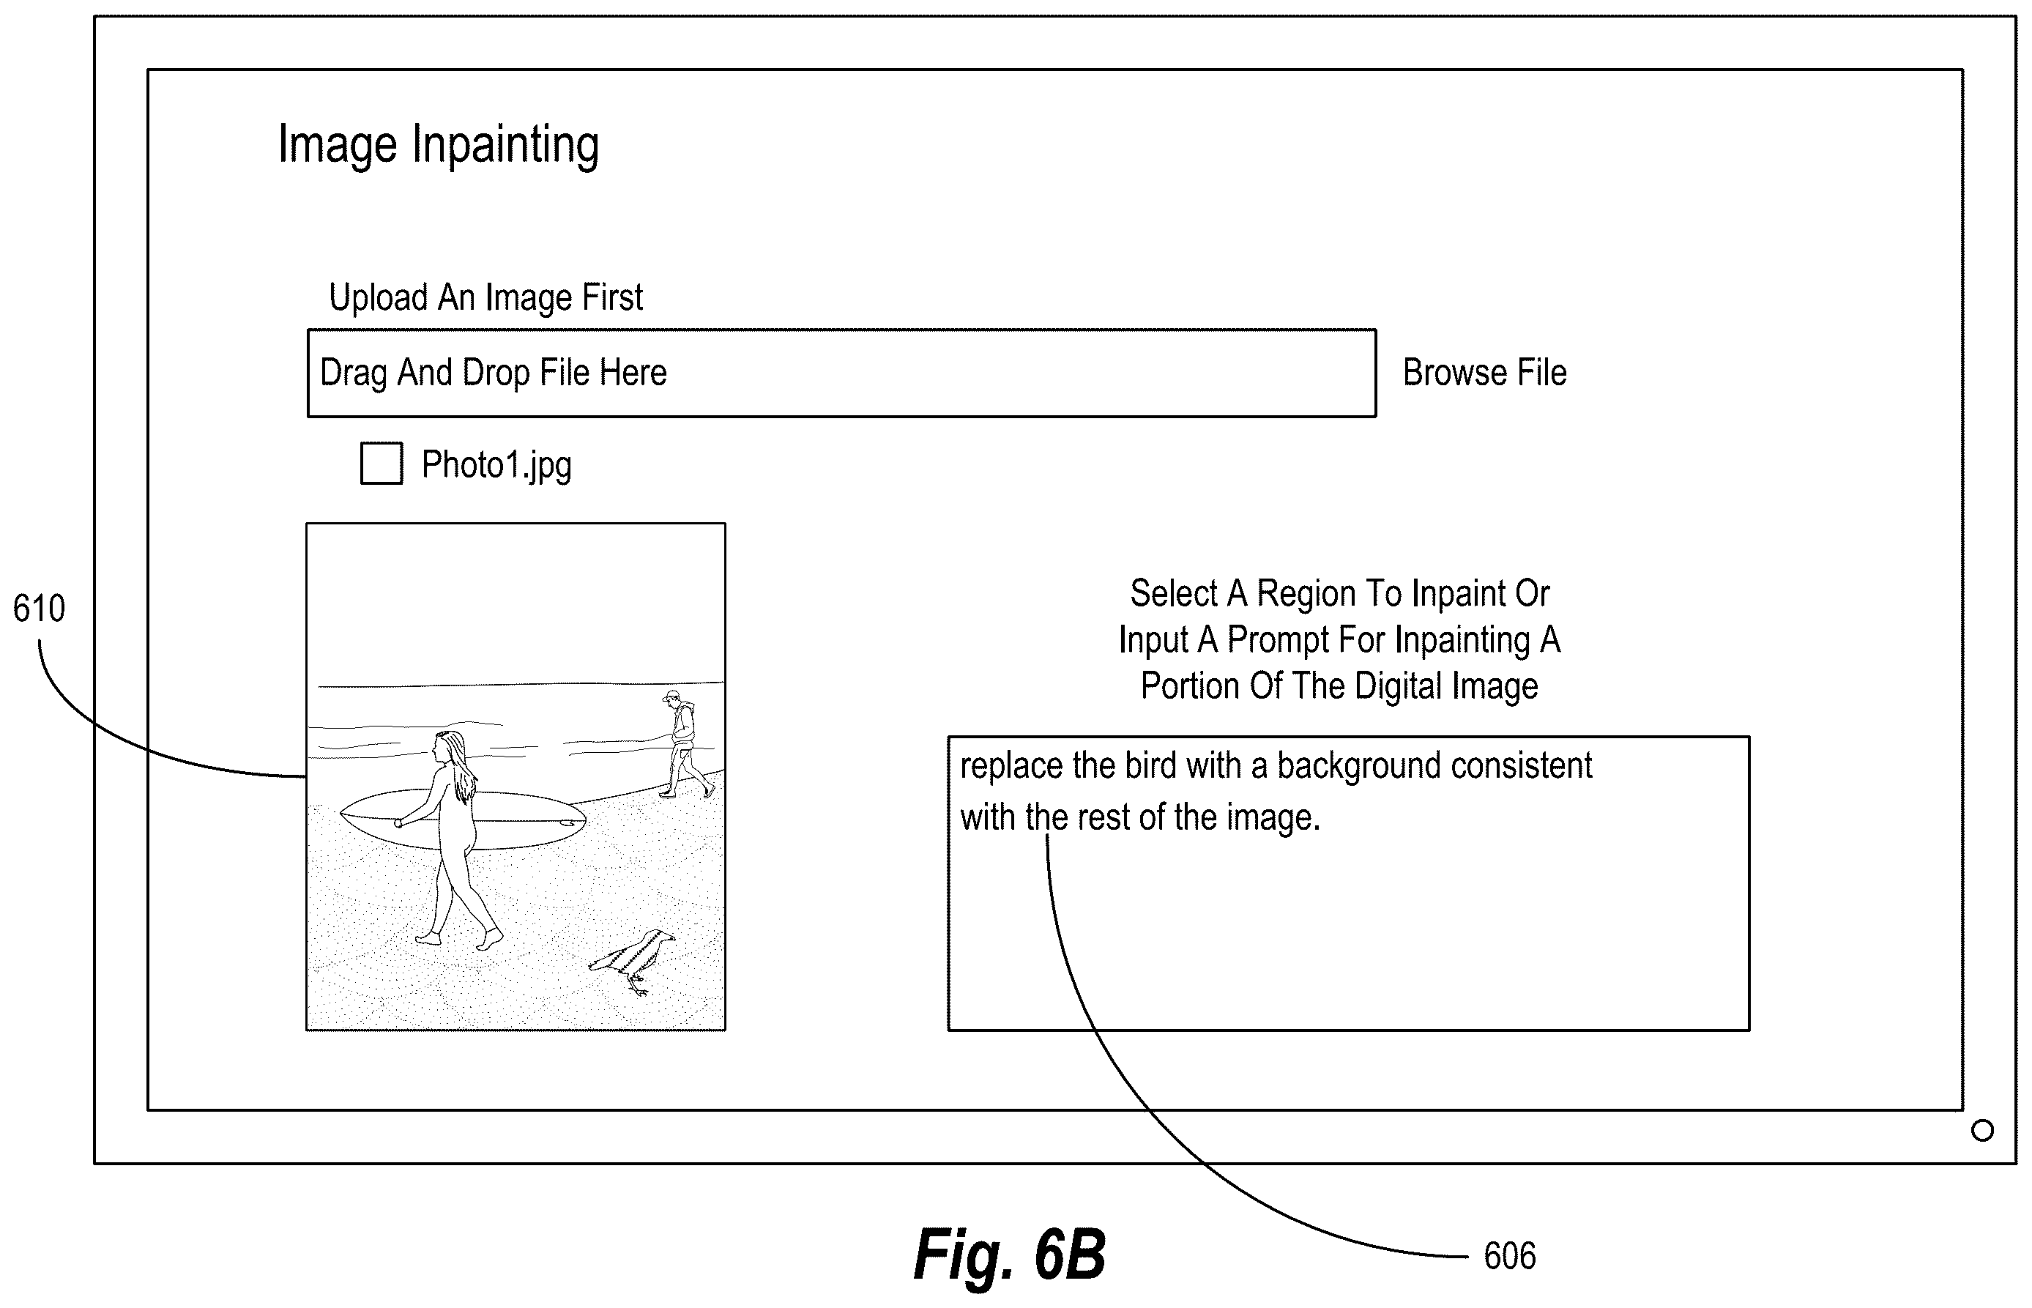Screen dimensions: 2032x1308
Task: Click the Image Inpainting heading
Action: coord(438,144)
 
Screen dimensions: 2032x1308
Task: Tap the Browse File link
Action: coord(1484,372)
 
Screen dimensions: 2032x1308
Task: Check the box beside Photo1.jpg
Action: coord(382,463)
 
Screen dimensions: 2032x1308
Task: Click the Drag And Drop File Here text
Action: coord(494,373)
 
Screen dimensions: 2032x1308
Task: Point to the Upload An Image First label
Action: coord(485,297)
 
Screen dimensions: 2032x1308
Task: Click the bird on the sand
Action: coord(633,961)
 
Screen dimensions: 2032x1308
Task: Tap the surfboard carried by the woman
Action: coord(463,820)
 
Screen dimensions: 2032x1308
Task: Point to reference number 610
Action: coord(39,609)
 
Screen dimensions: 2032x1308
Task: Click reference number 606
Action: coord(1510,1256)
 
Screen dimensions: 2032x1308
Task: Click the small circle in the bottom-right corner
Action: coord(1982,1131)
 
